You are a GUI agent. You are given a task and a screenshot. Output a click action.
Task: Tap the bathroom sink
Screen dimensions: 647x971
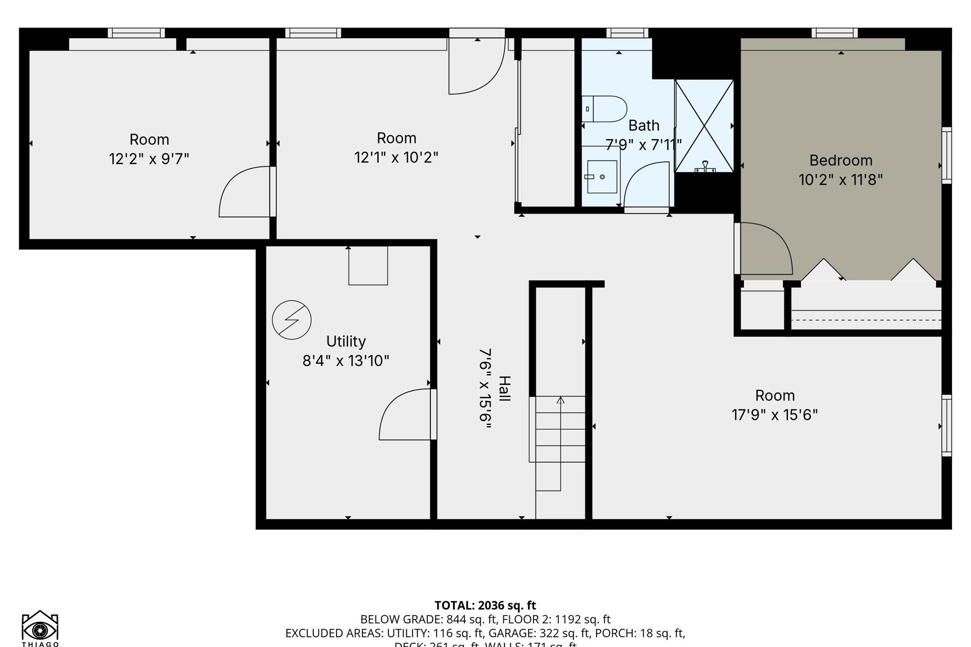601,176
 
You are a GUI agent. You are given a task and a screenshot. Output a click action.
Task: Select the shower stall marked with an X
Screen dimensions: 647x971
705,126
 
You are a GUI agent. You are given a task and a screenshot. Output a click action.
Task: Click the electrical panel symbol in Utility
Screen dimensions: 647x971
291,320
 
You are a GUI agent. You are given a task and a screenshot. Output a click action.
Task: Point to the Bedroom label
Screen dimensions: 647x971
840,160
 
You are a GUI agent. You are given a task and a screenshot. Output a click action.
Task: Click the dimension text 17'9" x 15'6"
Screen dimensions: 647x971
775,415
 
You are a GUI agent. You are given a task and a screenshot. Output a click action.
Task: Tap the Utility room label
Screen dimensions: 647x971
346,341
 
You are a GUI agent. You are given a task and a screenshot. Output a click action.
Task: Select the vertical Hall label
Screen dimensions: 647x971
504,388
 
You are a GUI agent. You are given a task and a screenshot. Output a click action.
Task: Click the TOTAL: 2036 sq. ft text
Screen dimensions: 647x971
485,605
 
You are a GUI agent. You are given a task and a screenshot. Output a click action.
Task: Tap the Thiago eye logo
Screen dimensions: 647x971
40,628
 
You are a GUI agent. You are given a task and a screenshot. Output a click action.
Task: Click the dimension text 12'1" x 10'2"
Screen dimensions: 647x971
396,157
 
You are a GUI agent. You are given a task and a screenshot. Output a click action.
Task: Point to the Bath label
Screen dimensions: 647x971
644,126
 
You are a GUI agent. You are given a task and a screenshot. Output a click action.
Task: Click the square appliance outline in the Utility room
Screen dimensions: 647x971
368,266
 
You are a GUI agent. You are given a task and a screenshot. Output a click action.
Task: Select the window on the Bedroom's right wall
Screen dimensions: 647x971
946,155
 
